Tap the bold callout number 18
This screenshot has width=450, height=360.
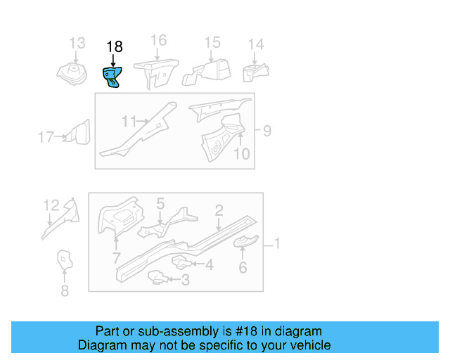[114, 46]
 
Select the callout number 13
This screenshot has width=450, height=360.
[77, 44]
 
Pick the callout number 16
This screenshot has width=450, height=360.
[159, 40]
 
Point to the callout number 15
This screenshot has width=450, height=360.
[212, 44]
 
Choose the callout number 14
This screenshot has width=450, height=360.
[256, 44]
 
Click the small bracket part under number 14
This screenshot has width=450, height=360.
[255, 72]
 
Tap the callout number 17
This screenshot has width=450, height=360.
[46, 137]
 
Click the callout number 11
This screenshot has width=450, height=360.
[128, 122]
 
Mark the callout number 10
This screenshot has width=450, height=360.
[241, 153]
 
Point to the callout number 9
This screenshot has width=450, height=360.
[266, 130]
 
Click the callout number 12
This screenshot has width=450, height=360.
[51, 205]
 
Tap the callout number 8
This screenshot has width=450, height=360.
[65, 290]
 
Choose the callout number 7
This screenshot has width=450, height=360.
[116, 259]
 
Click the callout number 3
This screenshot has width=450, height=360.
[185, 281]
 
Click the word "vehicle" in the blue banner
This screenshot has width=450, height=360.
[307, 345]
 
